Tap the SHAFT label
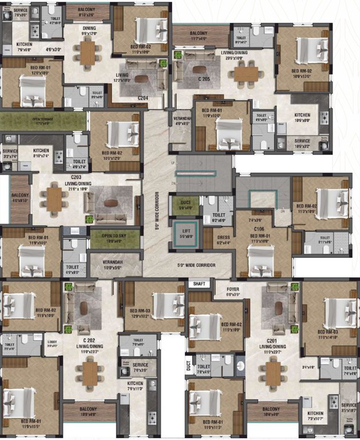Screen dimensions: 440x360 pos(199,283)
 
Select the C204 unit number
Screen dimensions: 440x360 pos(143,98)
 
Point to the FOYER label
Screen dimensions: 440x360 pos(233,289)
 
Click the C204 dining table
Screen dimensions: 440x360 pos(88,53)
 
